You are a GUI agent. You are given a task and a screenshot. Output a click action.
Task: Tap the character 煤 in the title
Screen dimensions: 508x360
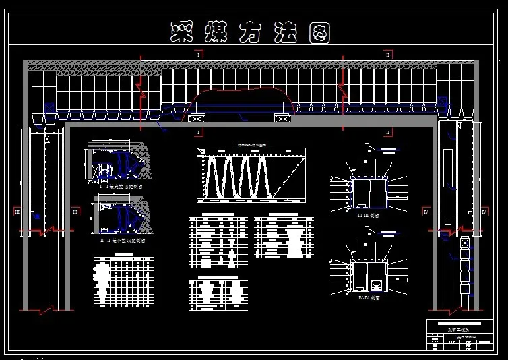point(217,32)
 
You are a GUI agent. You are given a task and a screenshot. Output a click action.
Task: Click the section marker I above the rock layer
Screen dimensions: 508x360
point(200,53)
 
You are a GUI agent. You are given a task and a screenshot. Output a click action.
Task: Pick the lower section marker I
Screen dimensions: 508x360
point(200,131)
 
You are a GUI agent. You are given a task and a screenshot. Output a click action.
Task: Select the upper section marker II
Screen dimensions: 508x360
point(388,53)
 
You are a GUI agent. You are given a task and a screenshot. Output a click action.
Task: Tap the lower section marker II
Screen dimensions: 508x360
point(388,131)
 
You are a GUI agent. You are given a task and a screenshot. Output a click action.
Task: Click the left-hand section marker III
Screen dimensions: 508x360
point(18,211)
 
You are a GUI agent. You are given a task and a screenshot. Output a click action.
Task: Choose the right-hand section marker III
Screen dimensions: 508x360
point(74,211)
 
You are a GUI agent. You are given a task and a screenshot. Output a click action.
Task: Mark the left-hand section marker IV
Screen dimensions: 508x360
point(426,211)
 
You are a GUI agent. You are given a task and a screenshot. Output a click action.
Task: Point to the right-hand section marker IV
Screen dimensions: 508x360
point(484,211)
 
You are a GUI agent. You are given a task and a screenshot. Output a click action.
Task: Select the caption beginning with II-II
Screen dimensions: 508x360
point(122,239)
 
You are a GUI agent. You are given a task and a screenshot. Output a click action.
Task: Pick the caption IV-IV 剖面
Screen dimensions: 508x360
point(367,297)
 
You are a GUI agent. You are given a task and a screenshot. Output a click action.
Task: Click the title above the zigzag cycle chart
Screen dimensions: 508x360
point(250,144)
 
